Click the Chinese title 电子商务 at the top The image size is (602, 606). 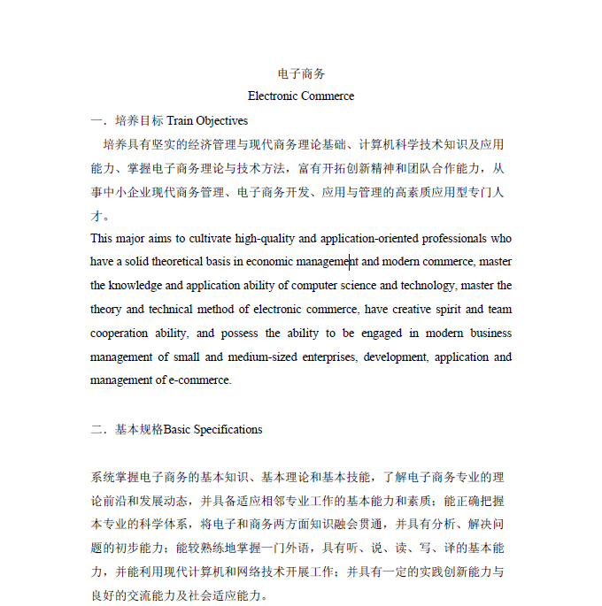(x=301, y=73)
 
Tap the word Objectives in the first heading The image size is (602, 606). (x=221, y=120)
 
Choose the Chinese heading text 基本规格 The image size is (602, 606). (x=139, y=430)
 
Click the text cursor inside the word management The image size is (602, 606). (x=349, y=262)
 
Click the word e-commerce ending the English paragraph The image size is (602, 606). (x=199, y=380)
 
